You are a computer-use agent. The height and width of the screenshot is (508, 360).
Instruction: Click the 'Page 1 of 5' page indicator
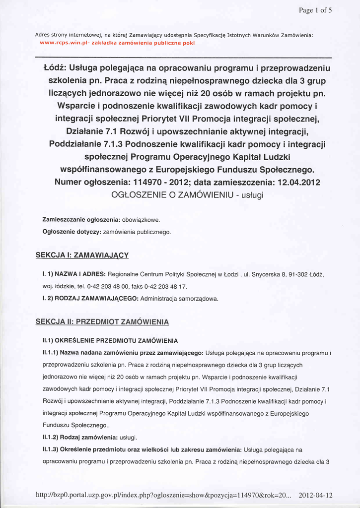click(315, 10)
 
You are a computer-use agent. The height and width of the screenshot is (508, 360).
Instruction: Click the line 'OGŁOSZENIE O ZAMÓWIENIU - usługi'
click(188, 195)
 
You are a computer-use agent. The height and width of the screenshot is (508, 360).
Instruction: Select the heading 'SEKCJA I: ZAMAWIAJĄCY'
click(82, 255)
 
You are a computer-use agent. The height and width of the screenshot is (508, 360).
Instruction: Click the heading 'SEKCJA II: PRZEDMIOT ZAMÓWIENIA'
click(102, 322)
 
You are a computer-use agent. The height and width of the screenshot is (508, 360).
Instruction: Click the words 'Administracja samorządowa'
click(179, 299)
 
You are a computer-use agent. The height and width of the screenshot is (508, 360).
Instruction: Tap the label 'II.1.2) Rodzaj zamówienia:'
click(80, 438)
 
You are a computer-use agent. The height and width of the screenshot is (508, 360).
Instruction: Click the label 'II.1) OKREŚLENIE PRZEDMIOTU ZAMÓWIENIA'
click(110, 341)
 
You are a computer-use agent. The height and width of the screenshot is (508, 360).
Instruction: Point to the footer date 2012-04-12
click(316, 496)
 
